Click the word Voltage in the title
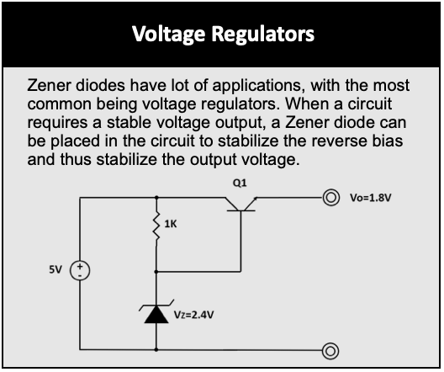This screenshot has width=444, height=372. point(168,35)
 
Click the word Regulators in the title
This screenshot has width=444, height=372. point(262,34)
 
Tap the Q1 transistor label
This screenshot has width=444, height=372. point(240,183)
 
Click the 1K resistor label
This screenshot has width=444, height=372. point(171,224)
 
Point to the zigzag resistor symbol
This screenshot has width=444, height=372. point(156,226)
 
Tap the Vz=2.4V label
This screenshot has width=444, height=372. point(193,315)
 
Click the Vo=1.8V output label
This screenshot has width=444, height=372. point(370,198)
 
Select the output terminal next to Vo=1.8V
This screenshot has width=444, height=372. point(330,198)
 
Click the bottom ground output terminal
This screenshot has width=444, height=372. point(330,351)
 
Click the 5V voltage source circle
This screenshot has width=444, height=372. point(80,270)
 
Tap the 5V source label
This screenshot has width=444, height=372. point(55,269)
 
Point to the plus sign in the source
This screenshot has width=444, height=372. point(80,266)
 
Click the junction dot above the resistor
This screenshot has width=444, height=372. point(156,197)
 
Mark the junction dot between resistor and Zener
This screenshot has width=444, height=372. point(156,272)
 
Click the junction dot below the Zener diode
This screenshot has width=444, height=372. point(156,350)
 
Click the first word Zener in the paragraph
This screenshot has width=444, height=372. point(49,85)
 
